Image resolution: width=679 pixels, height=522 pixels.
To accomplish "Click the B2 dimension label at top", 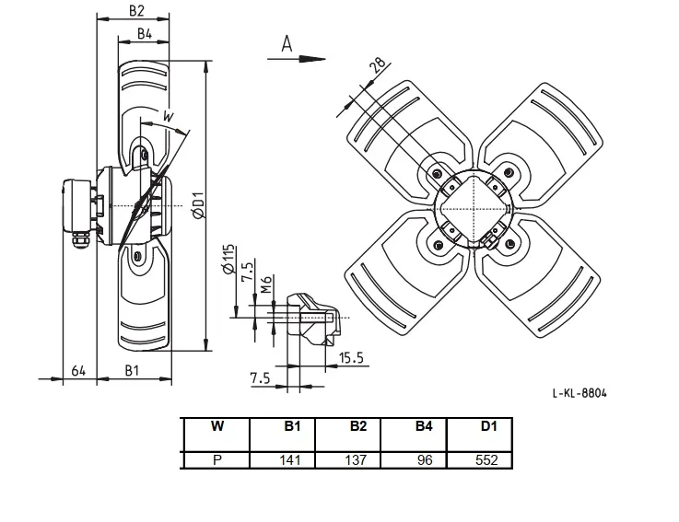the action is pos(136,11).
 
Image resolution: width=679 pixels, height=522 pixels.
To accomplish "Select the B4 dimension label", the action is pos(145,34).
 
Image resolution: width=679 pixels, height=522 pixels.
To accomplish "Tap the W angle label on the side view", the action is pos(168,116).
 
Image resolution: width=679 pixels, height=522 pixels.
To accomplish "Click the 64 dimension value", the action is pos(78,371).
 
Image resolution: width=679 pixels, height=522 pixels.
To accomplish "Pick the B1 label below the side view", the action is pos(132,370).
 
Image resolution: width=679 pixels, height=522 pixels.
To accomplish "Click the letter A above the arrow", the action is pos(287,44).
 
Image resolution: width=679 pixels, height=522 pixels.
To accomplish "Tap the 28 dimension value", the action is pos(377,64).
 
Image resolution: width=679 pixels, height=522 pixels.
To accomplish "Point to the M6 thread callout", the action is pos(266,284).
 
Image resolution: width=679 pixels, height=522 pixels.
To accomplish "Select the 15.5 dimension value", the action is pos(351,358).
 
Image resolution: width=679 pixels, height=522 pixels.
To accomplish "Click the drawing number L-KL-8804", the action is pos(579,393).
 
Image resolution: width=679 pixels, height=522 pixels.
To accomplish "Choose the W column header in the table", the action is pos(217,426).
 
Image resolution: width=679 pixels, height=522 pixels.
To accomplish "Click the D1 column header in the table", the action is pos(489,426).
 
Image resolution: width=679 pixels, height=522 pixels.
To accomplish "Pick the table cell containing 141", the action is pos(283,459).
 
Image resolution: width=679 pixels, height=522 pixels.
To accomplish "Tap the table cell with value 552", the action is pos(479,459).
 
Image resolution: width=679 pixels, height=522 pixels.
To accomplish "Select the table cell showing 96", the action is pos(414,459).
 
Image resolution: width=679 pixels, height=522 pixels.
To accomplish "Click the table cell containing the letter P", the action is pos(217,459).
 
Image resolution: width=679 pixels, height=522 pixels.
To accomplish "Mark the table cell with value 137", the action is pos(348,459).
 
